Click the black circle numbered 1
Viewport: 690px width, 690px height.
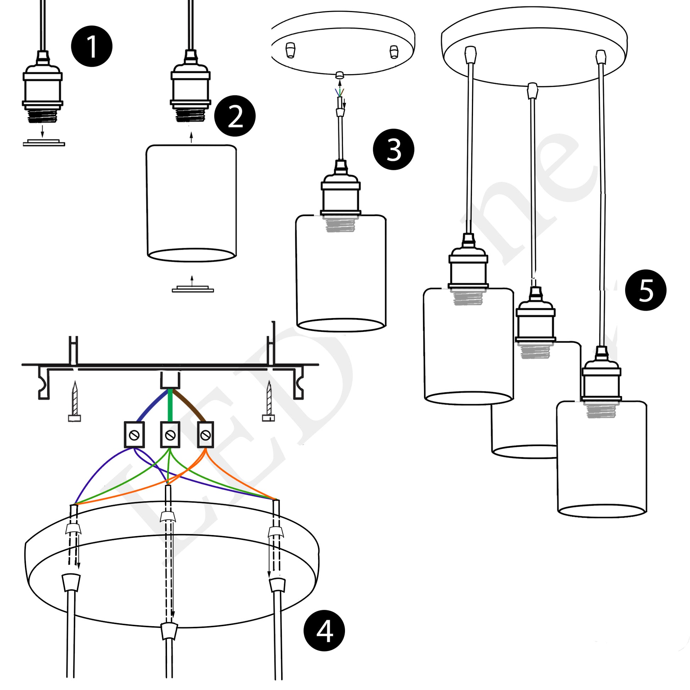92,46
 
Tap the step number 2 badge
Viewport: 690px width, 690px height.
235,116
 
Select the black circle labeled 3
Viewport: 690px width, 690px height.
393,149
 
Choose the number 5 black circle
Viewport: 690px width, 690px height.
646,290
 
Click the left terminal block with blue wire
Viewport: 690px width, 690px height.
134,435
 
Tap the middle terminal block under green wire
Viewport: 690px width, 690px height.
170,435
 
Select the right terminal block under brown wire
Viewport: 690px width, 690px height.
205,435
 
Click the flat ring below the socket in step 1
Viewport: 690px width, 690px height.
44,143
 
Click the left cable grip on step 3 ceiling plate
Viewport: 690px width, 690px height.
291,50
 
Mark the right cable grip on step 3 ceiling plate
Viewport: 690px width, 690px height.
393,52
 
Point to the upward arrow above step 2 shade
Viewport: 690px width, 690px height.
191,138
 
